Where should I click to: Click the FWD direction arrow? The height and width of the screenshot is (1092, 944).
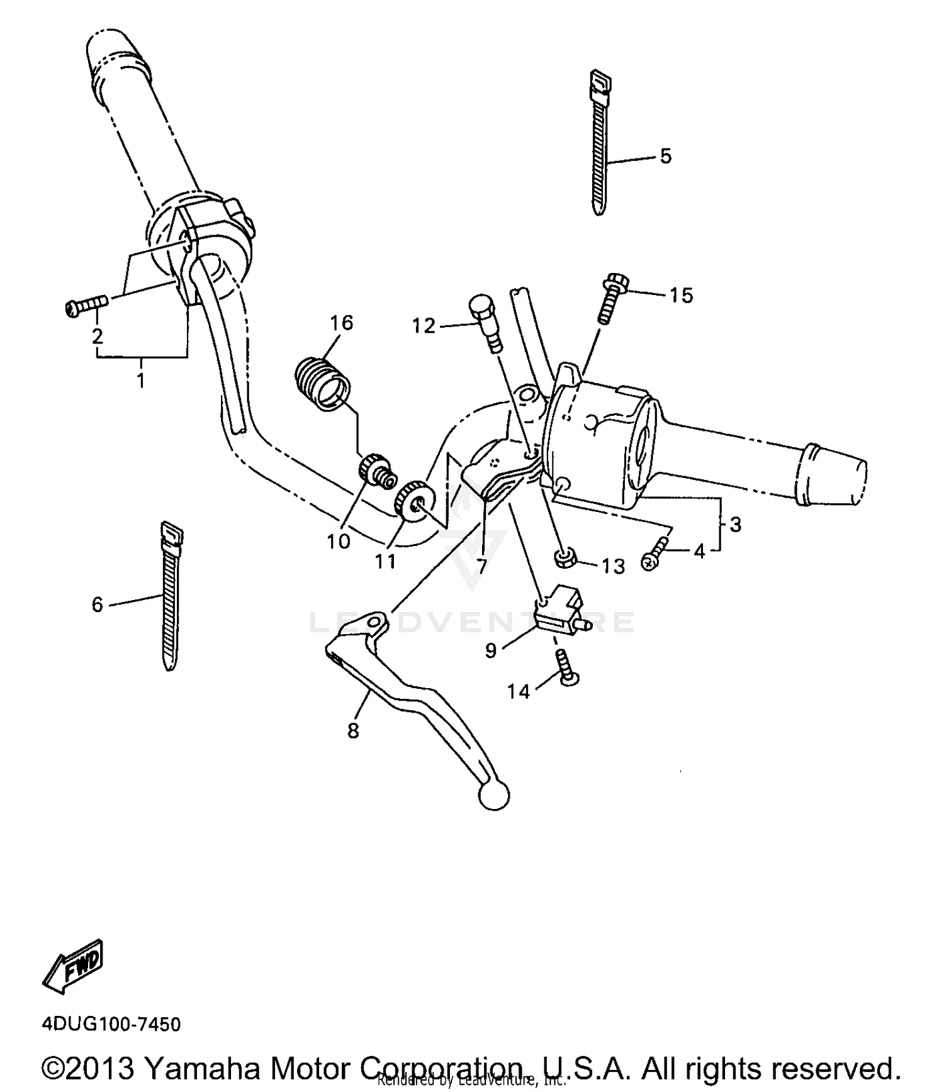(72, 966)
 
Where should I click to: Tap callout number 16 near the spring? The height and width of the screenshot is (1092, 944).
(342, 323)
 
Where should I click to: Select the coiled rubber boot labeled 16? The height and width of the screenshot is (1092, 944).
(322, 384)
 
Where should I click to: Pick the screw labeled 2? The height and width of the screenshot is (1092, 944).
(86, 306)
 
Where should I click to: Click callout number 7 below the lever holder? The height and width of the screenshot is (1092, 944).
(482, 566)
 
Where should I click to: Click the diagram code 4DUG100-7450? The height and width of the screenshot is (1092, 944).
(111, 1024)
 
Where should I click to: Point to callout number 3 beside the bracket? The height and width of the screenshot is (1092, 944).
(735, 524)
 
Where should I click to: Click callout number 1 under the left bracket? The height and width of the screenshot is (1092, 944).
(141, 380)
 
